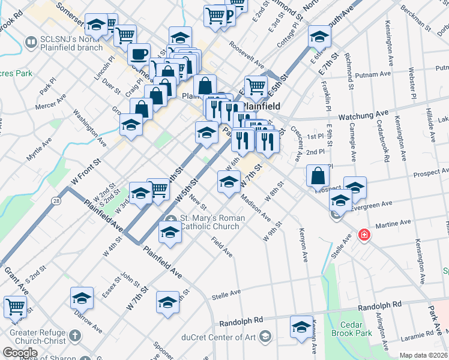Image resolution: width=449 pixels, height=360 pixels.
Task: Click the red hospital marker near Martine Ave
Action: click(363, 235)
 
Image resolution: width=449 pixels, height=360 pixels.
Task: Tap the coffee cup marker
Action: click(139, 54)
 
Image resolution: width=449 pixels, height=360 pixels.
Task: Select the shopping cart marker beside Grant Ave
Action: click(16, 307)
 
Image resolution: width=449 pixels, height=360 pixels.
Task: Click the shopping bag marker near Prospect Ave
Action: click(318, 176)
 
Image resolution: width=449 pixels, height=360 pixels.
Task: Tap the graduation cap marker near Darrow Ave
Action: click(82, 298)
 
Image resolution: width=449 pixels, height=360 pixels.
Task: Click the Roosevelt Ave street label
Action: click(247, 54)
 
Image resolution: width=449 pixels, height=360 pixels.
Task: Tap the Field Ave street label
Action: click(222, 247)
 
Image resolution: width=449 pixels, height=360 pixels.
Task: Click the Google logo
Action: click(20, 353)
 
